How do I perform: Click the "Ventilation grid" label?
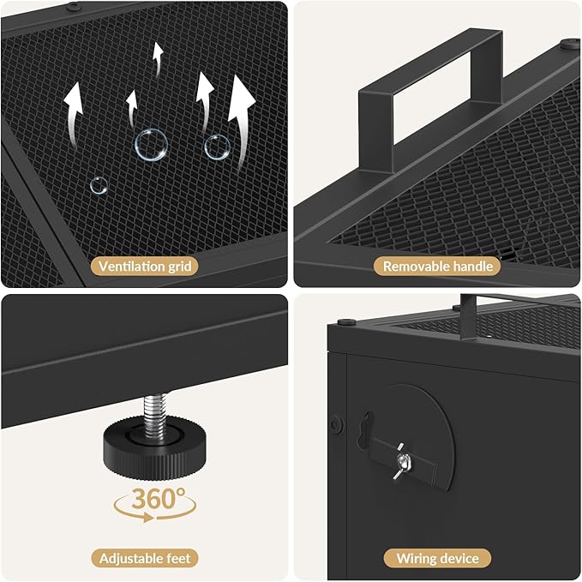tap(145, 267)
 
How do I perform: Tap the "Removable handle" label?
tap(438, 266)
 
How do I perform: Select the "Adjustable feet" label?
tap(145, 558)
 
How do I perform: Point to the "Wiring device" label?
tap(438, 558)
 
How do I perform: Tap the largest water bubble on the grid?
tap(151, 145)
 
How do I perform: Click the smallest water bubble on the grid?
tap(99, 186)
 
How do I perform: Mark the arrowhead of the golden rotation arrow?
tap(149, 517)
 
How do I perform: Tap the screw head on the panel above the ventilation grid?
tap(74, 6)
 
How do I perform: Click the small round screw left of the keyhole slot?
tap(337, 423)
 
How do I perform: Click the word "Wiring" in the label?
tap(415, 559)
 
